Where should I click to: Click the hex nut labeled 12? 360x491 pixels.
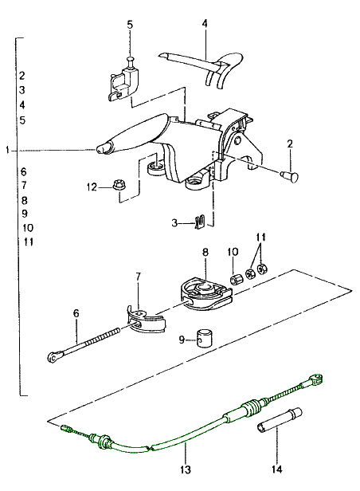pos(119,184)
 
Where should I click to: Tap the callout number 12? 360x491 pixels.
pos(92,187)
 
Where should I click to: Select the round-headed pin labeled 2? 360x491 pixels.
pos(290,176)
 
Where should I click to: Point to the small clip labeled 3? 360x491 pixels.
pos(200,222)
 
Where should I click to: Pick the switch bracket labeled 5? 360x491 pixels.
pos(124,82)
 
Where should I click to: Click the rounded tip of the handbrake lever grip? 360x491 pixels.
pos(102,149)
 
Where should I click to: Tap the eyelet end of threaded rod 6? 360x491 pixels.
pos(55,356)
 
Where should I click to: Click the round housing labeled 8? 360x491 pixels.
pos(206,293)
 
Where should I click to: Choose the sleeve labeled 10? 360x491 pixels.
pos(237,278)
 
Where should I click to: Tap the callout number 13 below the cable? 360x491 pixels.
pos(185,469)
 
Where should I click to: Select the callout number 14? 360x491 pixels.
pos(277,469)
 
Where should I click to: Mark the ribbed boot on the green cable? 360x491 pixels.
pos(252,408)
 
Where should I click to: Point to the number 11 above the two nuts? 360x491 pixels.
pos(261,238)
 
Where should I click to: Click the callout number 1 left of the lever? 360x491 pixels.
pos(7,151)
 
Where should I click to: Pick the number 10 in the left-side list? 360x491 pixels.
pos(28,228)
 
